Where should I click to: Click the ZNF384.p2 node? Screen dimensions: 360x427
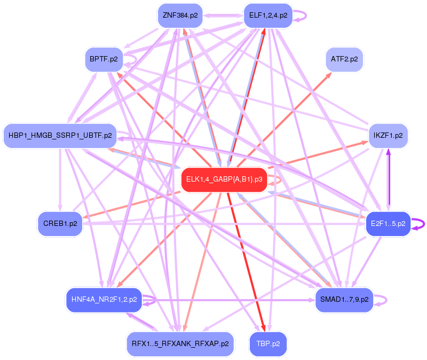[180, 15]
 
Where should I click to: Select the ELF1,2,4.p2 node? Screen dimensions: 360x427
[268, 15]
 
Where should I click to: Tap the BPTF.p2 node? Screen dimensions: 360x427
[104, 59]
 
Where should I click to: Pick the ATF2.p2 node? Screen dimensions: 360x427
[344, 59]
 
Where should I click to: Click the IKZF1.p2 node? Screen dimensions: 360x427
[389, 135]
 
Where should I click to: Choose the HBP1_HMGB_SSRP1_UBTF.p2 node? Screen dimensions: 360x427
[60, 136]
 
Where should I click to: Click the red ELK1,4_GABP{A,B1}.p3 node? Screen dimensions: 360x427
[224, 179]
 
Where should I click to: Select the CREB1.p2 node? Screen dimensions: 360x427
[60, 223]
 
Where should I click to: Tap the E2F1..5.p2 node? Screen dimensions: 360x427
[388, 223]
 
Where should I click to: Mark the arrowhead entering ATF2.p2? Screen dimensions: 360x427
[330, 75]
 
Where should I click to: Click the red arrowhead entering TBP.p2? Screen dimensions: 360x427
[263, 327]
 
